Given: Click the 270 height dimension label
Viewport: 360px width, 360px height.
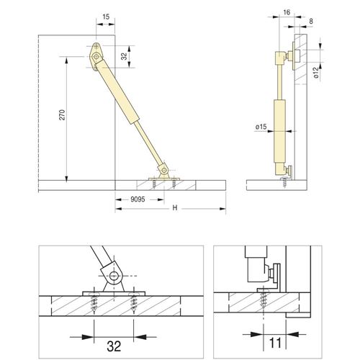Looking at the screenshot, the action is point(62,114).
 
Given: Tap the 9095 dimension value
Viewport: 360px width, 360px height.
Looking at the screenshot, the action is point(138,199).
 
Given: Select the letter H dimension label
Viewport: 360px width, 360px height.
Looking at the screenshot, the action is point(175,208).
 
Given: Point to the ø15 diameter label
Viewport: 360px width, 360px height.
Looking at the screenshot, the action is point(261,127).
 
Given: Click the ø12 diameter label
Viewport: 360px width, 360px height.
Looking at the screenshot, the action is point(316,73).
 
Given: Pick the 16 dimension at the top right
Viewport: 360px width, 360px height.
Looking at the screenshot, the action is point(287,12).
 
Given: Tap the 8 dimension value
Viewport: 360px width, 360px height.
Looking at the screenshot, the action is point(311,22).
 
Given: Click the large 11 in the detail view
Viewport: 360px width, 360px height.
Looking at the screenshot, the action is point(275,343).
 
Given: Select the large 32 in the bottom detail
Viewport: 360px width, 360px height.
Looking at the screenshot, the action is point(114,346).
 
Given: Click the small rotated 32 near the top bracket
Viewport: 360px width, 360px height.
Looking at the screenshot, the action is point(124,56).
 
